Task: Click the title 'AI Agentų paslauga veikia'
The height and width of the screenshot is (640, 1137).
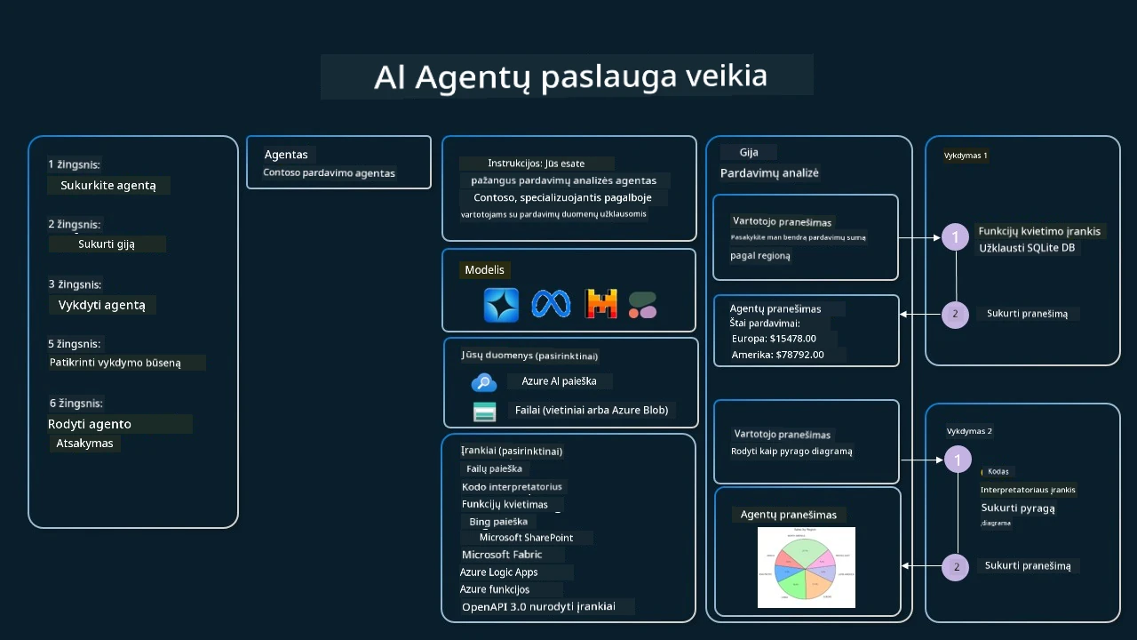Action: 570,76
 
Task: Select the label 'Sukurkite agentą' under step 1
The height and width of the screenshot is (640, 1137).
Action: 108,186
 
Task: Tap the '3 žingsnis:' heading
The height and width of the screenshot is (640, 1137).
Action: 75,284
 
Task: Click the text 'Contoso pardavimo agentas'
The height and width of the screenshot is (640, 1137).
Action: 329,172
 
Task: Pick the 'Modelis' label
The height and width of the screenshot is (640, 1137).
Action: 484,270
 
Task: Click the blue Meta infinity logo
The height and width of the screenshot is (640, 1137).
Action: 551,304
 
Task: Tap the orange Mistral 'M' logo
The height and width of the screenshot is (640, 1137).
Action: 601,305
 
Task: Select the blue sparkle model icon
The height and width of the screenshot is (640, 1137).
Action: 501,305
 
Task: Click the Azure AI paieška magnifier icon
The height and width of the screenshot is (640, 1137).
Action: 483,382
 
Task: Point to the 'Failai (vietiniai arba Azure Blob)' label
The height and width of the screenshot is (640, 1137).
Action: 592,411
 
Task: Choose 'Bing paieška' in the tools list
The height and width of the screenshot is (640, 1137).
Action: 498,522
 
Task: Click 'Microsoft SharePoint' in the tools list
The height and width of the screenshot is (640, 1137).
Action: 526,538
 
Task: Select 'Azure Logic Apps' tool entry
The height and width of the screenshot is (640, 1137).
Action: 498,572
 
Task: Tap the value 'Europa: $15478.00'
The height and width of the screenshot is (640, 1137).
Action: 774,339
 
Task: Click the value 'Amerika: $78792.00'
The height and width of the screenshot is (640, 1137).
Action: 777,355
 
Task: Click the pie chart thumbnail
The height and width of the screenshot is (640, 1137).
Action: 807,567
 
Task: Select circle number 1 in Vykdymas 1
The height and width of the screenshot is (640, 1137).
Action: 955,237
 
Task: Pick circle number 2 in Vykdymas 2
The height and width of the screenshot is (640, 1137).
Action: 956,567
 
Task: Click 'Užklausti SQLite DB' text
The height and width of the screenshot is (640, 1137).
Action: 1027,248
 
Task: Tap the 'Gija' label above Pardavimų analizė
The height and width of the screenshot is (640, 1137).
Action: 749,152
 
